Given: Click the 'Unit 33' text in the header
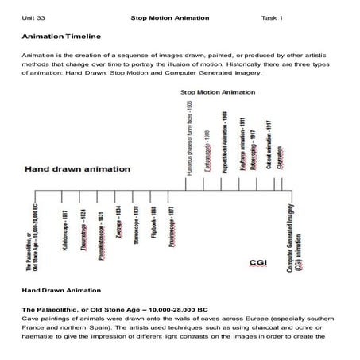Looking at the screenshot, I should pos(35,17).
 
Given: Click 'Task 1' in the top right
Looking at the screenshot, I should pos(272,17).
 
